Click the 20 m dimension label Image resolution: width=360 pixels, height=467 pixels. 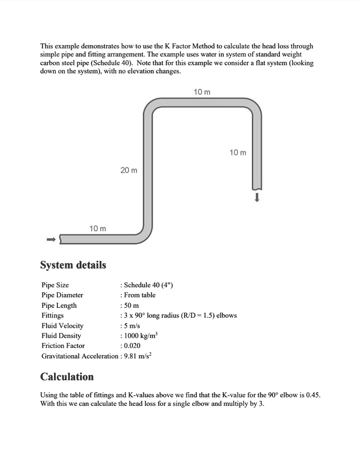click(129, 170)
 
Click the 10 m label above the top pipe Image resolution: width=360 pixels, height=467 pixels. click(202, 92)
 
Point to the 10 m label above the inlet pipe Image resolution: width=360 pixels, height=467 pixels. click(98, 228)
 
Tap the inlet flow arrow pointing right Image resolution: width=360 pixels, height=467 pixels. click(51, 239)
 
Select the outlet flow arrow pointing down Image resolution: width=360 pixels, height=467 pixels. click(257, 197)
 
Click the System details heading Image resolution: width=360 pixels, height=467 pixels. click(73, 265)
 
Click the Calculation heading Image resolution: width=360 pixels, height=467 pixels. click(67, 377)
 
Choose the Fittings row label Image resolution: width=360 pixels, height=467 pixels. click(52, 316)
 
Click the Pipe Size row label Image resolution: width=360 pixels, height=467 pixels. click(55, 285)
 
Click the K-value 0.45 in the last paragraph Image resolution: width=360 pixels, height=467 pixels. click(313, 395)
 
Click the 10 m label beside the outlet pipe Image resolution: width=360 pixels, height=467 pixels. click(237, 152)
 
